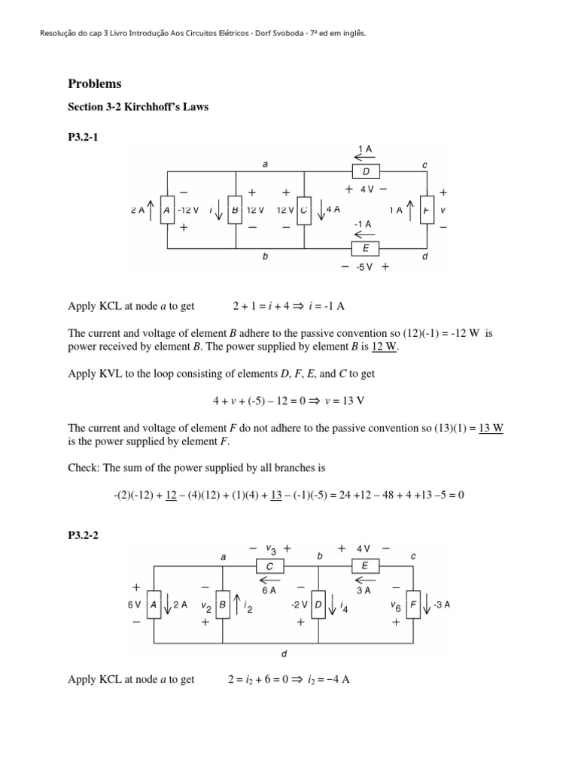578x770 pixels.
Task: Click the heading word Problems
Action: tap(95, 83)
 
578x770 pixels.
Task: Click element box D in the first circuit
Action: tap(366, 173)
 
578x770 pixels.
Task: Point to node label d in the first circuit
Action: tap(426, 256)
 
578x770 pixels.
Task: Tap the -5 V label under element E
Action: tap(367, 266)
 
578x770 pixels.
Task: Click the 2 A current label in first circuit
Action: tap(138, 211)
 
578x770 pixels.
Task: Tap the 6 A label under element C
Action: tap(269, 590)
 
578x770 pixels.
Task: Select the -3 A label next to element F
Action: tap(442, 605)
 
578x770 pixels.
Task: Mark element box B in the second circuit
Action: tap(222, 605)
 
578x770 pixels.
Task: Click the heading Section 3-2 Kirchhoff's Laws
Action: tap(138, 107)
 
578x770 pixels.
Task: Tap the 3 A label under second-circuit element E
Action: tap(364, 590)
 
